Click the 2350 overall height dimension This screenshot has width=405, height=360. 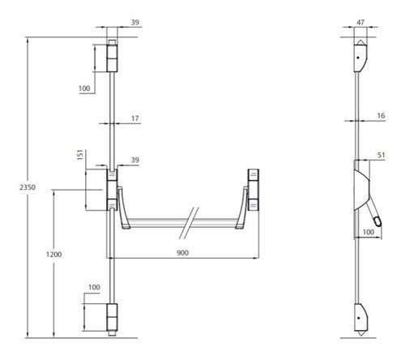[x=28, y=187]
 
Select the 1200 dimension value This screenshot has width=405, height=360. [x=53, y=255]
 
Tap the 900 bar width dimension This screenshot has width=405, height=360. [x=182, y=253]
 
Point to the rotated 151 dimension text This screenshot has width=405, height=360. [x=80, y=155]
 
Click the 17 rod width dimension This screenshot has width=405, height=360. [x=135, y=118]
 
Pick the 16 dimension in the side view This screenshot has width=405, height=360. [x=381, y=116]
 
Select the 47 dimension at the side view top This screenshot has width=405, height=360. [x=360, y=22]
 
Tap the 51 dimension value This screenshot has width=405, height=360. [x=381, y=155]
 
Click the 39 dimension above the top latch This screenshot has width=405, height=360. [x=135, y=22]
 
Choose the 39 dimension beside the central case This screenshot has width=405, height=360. [x=135, y=160]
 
